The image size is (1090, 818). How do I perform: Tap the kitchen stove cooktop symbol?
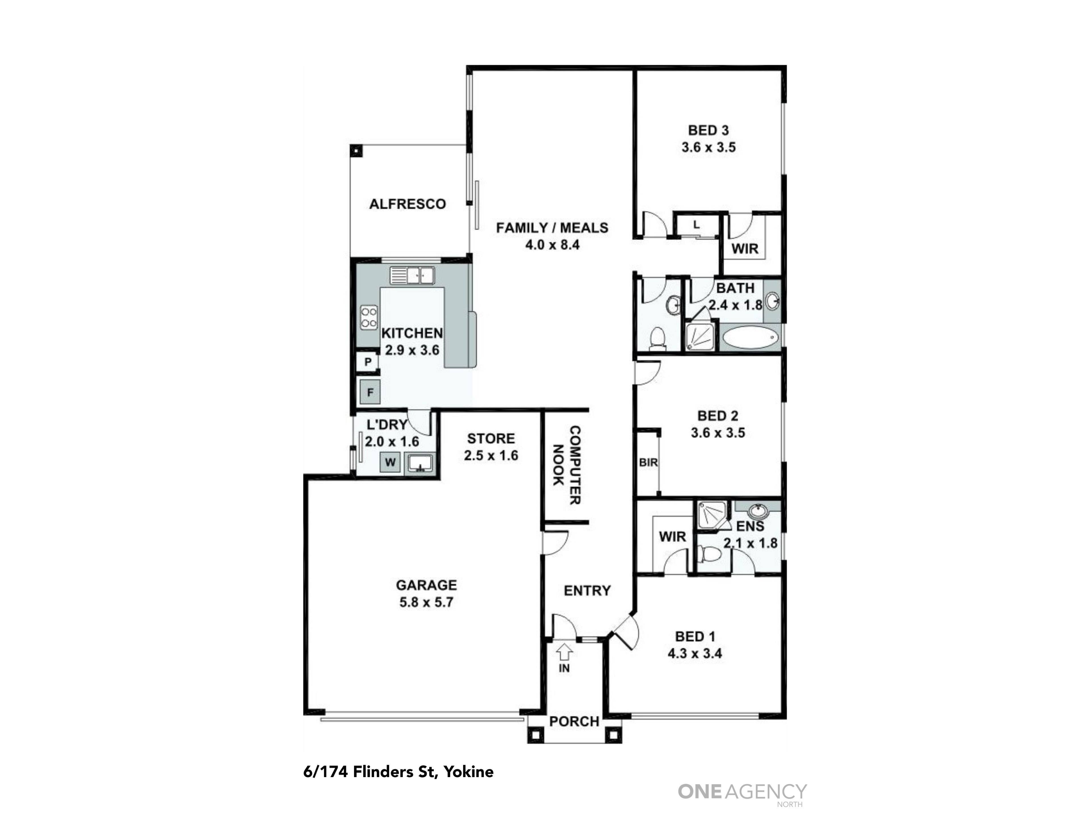(x=369, y=318)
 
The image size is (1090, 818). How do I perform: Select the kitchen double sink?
(x=412, y=275)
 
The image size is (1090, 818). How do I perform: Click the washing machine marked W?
(x=390, y=462)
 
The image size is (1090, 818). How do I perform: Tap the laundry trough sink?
(x=419, y=464)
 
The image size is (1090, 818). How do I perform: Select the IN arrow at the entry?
(x=564, y=652)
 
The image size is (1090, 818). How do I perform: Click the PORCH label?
(x=574, y=721)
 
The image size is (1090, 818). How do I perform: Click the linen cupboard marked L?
(x=696, y=225)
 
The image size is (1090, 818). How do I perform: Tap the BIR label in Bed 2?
(x=648, y=462)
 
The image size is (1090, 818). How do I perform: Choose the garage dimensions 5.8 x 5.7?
(x=426, y=602)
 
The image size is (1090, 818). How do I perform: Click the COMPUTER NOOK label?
(x=567, y=465)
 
